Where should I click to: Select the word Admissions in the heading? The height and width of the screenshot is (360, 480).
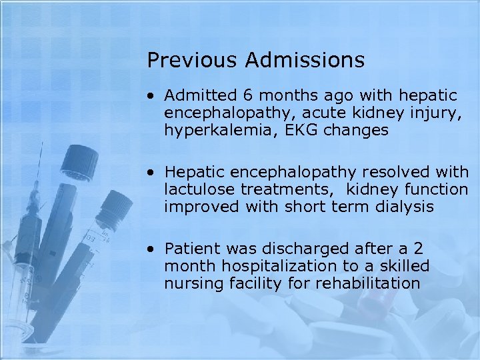pyautogui.click(x=305, y=61)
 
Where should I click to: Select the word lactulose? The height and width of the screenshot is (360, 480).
pyautogui.click(x=199, y=190)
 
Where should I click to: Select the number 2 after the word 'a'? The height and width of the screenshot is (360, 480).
pyautogui.click(x=418, y=249)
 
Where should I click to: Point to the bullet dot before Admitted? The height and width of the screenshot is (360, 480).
pyautogui.click(x=153, y=97)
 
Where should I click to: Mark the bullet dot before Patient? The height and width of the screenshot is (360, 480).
pyautogui.click(x=153, y=250)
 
